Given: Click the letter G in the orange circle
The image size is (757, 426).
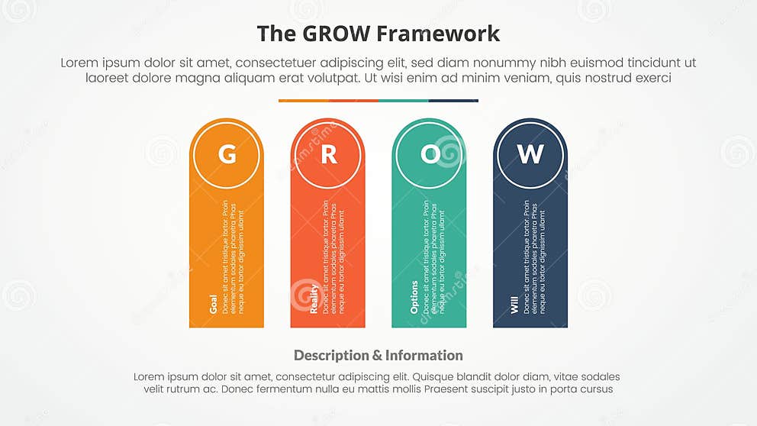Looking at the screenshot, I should (227, 154).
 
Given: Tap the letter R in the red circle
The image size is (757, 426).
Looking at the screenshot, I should (328, 154).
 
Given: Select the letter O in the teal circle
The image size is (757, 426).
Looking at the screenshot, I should (430, 154).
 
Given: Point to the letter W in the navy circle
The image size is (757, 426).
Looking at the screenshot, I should (530, 154).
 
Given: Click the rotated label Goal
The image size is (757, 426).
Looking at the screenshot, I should (213, 303).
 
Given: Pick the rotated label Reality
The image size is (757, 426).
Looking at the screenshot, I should (314, 299).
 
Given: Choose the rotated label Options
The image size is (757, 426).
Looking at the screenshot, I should (415, 297).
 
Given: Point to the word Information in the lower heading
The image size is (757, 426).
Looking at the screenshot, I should (424, 355).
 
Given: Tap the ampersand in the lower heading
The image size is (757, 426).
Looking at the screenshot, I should (377, 355).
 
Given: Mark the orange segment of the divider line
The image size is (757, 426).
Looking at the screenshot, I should (303, 100).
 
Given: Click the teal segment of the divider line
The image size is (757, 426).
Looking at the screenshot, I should (403, 100).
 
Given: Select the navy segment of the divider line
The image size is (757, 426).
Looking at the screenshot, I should (453, 100).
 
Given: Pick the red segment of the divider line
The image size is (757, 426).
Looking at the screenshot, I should (353, 100).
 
